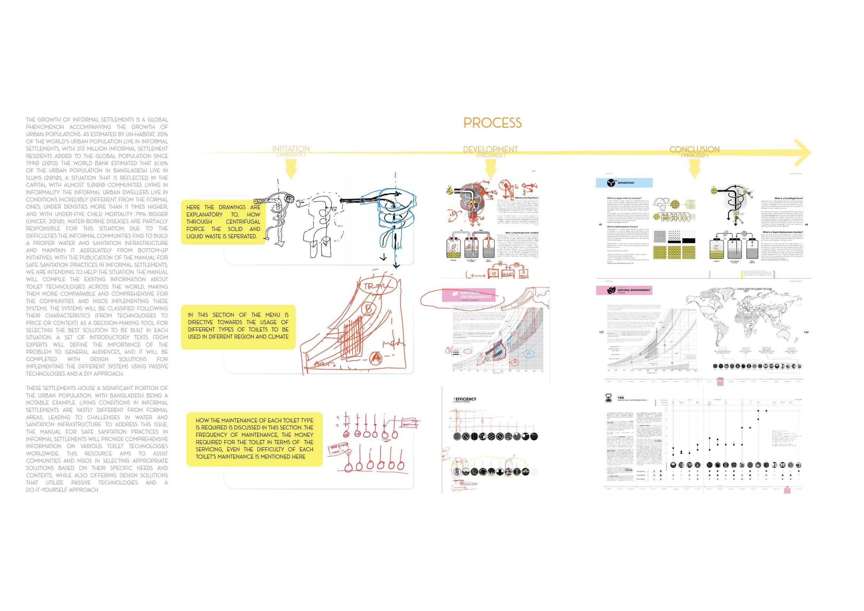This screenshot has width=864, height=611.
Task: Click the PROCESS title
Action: [x=492, y=123]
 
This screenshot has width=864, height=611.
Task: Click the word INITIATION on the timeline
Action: [x=291, y=149]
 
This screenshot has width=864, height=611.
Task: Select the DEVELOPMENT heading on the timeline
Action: [x=490, y=149]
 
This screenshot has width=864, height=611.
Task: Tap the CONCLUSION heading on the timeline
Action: [x=694, y=149]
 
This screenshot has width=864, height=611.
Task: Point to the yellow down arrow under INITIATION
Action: [x=290, y=169]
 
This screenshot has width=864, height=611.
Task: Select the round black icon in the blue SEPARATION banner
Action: [x=611, y=183]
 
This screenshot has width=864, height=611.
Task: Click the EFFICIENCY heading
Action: [x=466, y=399]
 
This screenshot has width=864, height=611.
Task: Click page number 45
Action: [x=600, y=225]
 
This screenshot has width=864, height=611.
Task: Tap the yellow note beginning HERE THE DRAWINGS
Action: [x=223, y=222]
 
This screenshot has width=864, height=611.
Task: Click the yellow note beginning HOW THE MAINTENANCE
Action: [x=254, y=439]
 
